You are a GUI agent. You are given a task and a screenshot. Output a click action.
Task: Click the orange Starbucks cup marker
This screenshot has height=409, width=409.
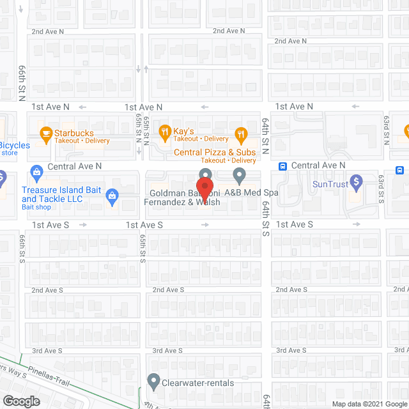pyautogui.click(x=46, y=134)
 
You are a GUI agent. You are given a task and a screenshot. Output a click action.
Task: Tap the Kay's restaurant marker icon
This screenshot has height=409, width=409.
pyautogui.click(x=164, y=134)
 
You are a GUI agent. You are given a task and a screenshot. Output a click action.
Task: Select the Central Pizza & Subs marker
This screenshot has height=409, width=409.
pyautogui.click(x=240, y=134)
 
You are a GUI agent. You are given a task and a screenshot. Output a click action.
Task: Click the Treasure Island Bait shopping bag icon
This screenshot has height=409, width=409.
pyautogui.click(x=112, y=195)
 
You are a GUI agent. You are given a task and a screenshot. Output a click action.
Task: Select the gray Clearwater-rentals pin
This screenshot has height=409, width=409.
pyautogui.click(x=153, y=382)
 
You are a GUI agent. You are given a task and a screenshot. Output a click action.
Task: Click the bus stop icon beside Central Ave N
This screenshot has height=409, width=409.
pyautogui.click(x=282, y=166)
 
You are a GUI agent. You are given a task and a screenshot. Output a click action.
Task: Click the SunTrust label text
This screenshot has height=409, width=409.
pyautogui.click(x=330, y=184)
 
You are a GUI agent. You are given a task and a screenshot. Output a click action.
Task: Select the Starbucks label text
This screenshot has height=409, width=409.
pyautogui.click(x=73, y=133)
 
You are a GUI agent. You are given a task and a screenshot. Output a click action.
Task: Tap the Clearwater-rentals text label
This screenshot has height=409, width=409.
pyautogui.click(x=197, y=383)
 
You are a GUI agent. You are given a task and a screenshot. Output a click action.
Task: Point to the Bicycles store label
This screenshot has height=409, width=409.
pyautogui.click(x=14, y=148)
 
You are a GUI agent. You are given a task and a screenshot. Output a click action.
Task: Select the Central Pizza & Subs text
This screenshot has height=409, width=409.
pyautogui.click(x=215, y=152)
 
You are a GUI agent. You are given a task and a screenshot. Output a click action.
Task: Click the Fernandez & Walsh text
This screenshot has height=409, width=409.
pyautogui.click(x=182, y=202)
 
